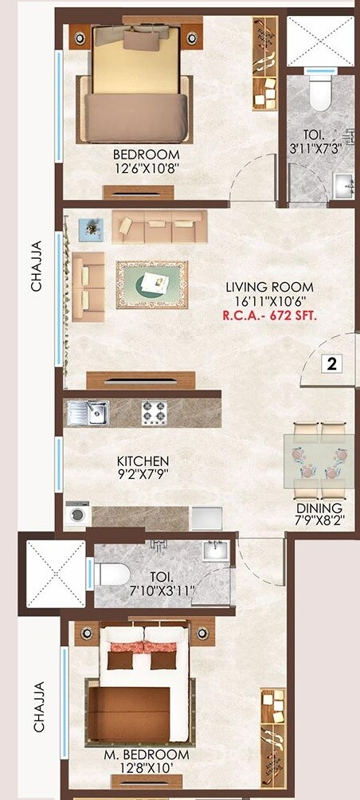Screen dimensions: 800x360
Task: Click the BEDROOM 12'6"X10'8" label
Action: (146, 161)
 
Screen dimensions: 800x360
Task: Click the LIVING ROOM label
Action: (269, 287)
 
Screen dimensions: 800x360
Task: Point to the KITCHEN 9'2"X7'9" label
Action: (143, 468)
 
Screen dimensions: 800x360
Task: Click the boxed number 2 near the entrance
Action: (331, 364)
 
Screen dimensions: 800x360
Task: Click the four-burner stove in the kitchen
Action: (154, 413)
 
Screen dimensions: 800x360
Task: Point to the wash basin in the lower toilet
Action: (214, 551)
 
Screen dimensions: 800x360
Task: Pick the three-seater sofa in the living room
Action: (159, 227)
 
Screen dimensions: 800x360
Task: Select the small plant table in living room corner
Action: (91, 228)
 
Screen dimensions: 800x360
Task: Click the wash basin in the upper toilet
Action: (343, 187)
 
